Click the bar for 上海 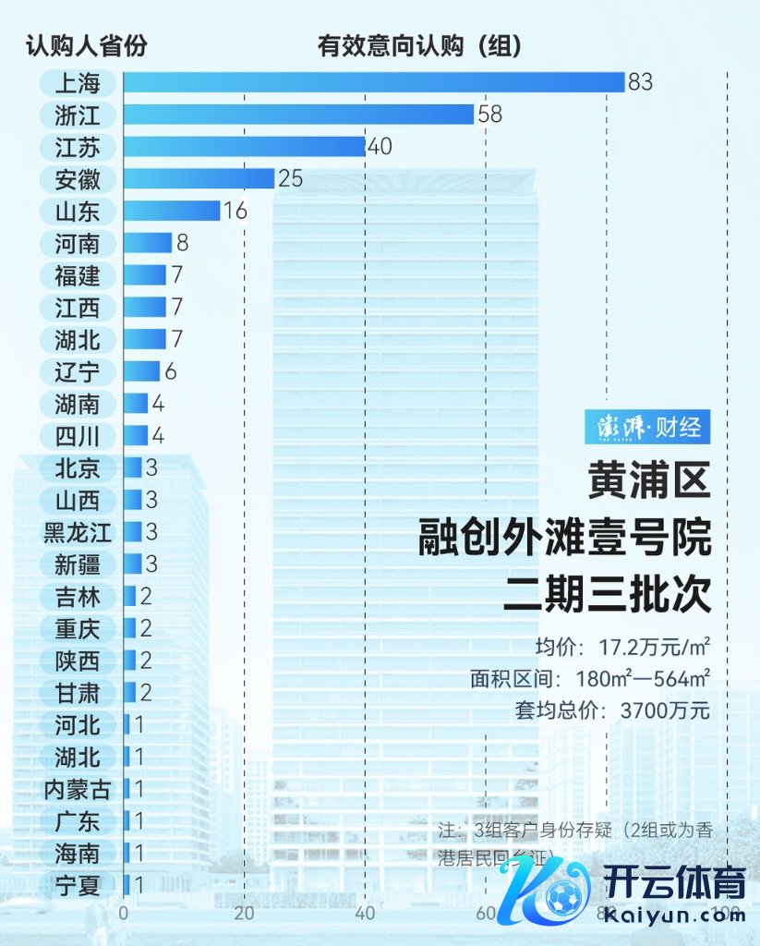tap(374, 82)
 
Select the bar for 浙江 tap(298, 115)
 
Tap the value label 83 tap(640, 82)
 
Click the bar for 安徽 tap(199, 178)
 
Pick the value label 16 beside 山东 tap(235, 211)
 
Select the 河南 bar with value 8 tap(148, 243)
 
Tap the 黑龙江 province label tap(78, 532)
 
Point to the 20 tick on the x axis tap(244, 914)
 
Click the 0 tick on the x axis tap(124, 914)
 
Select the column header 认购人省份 tap(86, 45)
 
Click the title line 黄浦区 tap(650, 481)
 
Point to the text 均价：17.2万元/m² tap(622, 646)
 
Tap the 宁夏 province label tap(78, 885)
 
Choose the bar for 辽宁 tap(141, 371)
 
